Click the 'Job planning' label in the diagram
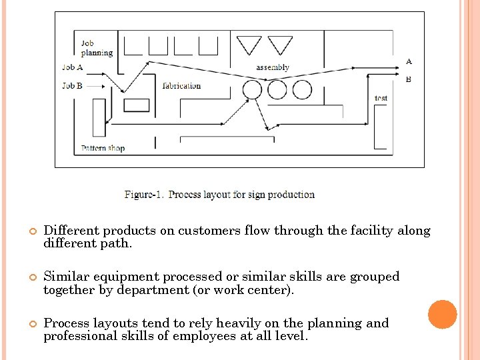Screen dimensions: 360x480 (x=97, y=49)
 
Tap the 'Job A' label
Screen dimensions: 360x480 (x=73, y=67)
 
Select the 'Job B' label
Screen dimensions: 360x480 (x=73, y=85)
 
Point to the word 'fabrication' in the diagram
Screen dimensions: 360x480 (x=181, y=85)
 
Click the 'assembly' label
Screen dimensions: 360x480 (x=273, y=67)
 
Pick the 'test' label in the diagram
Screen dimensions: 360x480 (x=381, y=98)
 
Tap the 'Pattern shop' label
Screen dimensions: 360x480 (x=103, y=148)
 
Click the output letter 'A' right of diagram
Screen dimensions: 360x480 (x=409, y=61)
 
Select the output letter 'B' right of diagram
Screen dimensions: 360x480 (x=409, y=79)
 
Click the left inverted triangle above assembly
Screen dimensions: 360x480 (x=250, y=45)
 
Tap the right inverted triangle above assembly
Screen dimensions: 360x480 (x=280, y=45)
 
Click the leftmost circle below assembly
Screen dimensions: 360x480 (x=252, y=89)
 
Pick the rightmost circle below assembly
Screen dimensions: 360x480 (x=302, y=89)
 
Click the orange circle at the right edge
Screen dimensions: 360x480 (x=443, y=315)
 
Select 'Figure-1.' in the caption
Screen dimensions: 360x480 (x=144, y=195)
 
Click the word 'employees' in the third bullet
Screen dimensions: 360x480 (x=203, y=336)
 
